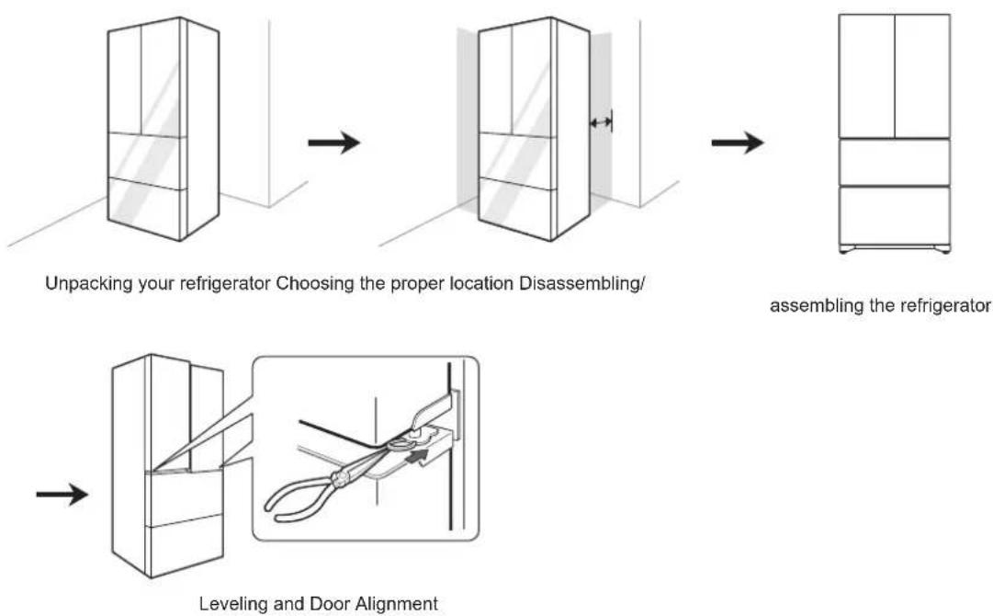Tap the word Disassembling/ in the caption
(581, 283)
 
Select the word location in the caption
(482, 283)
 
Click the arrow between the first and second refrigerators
(333, 143)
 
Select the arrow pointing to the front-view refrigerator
(737, 143)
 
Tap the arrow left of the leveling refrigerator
(62, 494)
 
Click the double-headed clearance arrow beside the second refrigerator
(601, 122)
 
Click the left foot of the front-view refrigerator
(844, 250)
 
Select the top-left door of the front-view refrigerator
(867, 76)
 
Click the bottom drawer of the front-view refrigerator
(895, 215)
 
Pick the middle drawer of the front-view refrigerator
(895, 162)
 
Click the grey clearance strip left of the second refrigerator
(468, 118)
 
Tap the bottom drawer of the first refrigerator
(147, 207)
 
